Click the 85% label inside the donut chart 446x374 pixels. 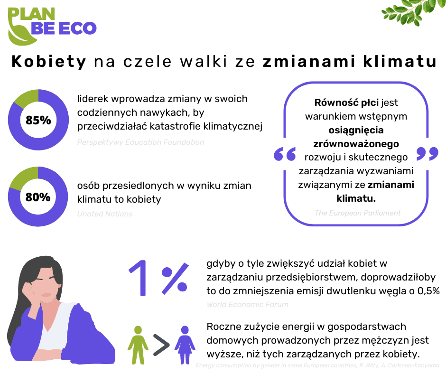pos(38,121)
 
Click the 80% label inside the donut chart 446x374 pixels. pos(38,197)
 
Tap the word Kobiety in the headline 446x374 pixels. pos(49,62)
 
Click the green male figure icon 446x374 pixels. pos(138,344)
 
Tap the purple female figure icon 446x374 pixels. pos(185,344)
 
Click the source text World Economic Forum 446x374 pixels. pos(247,305)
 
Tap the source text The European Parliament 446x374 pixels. pos(357,213)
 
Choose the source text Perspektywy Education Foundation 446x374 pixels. pos(140,142)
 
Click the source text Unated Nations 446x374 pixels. pos(105,214)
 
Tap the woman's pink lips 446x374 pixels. pos(47,295)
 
